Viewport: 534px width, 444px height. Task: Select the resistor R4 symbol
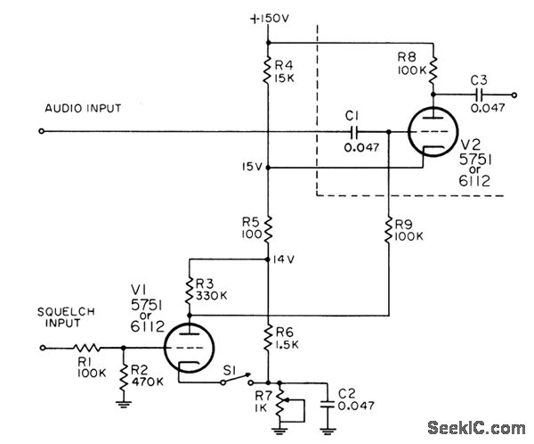[269, 70]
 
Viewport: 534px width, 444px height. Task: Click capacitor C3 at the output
[480, 93]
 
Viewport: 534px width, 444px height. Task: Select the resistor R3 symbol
[189, 290]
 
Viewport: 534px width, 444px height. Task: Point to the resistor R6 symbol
[269, 338]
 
